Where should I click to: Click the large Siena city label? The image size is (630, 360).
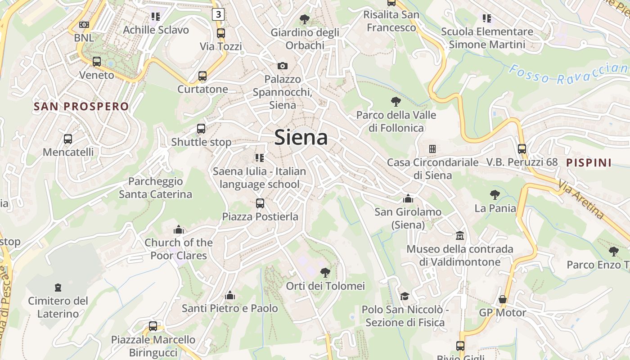click(301, 137)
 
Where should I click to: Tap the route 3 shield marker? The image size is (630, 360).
click(218, 14)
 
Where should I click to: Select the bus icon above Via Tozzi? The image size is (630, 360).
click(220, 33)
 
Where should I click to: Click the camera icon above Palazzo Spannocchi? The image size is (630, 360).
click(283, 66)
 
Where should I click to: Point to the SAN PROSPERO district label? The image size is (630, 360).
click(81, 107)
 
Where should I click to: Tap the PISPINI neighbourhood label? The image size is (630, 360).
click(589, 163)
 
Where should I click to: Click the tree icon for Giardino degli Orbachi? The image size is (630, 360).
click(305, 19)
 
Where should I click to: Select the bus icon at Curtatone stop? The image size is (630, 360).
click(202, 76)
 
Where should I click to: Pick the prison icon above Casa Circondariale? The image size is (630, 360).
click(432, 148)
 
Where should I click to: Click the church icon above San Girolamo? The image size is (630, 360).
click(408, 198)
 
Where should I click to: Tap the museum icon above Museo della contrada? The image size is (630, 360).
click(460, 235)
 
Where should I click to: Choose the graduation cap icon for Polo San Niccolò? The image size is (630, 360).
click(405, 296)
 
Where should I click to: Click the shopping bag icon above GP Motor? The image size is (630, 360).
click(503, 299)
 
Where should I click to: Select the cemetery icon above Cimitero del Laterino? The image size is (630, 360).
click(58, 287)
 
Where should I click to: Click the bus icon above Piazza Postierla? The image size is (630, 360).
click(260, 203)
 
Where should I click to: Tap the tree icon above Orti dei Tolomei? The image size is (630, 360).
click(325, 272)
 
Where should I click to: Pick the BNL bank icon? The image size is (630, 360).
click(84, 25)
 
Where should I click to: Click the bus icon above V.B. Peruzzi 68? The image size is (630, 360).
click(522, 148)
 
